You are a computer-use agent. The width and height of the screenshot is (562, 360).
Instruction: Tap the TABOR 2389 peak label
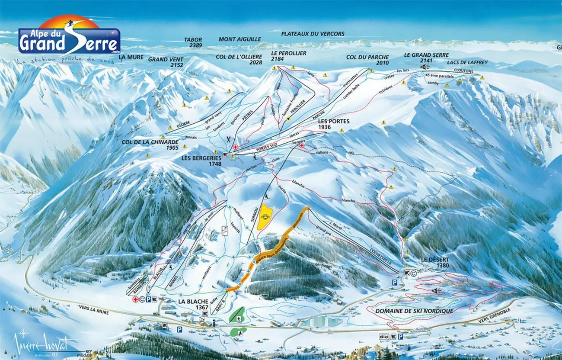[193, 42]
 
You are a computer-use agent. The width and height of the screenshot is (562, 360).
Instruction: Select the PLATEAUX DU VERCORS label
[313, 34]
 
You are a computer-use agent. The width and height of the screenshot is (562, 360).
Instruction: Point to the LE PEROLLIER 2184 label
[289, 56]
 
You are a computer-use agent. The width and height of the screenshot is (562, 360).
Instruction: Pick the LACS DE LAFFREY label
[467, 63]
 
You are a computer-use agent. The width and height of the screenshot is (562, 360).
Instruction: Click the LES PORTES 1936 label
[333, 124]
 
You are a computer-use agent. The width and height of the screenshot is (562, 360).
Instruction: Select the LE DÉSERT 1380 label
[434, 262]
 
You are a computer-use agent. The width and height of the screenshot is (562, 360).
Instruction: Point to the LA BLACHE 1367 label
[193, 304]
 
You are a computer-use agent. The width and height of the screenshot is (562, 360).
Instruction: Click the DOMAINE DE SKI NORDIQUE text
[414, 311]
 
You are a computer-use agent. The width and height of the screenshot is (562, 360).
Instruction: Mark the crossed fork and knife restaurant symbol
[229, 140]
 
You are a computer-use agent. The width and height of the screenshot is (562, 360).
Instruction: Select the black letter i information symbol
[215, 322]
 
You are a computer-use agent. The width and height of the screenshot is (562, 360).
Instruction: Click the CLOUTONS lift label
[464, 71]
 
